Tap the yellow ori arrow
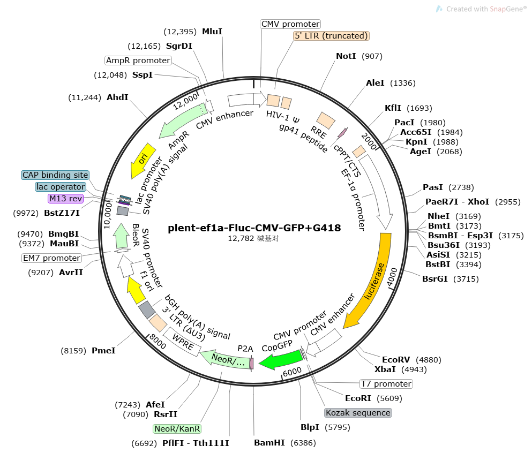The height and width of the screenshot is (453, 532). pos(141,160)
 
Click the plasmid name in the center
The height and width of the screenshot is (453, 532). pos(254,228)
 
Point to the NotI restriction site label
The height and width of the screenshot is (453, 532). pos(346,56)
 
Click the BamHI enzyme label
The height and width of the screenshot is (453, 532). pos(269,442)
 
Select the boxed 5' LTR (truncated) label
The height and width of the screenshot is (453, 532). pos(331,35)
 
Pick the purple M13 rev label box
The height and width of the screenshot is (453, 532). pos(65,198)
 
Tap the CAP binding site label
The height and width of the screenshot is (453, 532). pos(55,175)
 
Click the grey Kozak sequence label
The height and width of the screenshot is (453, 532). pos(358,413)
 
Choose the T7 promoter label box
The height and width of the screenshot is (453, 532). pos(386,384)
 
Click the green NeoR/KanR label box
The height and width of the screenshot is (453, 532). pos(177,428)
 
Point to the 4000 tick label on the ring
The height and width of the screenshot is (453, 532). pos(392,277)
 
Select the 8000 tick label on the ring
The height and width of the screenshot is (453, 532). pos(158,341)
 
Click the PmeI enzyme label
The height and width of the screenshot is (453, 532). pos(103,351)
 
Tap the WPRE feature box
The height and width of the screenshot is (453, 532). pos(182,342)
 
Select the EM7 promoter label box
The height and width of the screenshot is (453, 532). pos(51,258)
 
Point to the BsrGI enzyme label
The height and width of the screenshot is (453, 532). pos(435,279)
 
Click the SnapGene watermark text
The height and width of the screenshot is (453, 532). pos(486,9)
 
